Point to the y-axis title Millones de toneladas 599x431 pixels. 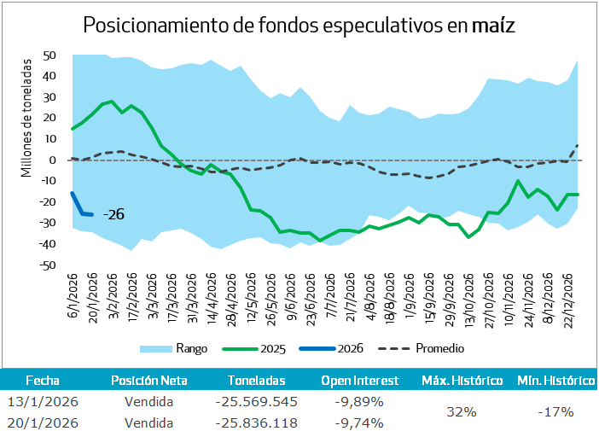pyautogui.click(x=26, y=117)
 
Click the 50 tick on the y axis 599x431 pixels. pyautogui.click(x=49, y=55)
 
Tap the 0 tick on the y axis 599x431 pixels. pyautogui.click(x=53, y=160)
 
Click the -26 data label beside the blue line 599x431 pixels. pyautogui.click(x=113, y=215)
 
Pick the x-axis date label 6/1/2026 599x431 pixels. pyautogui.click(x=73, y=292)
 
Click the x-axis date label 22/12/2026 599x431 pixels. pyautogui.click(x=569, y=296)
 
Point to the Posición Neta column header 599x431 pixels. pyautogui.click(x=148, y=381)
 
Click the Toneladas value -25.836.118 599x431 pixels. pyautogui.click(x=257, y=422)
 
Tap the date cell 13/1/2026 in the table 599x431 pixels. pyautogui.click(x=43, y=401)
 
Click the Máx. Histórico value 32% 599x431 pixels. pyautogui.click(x=460, y=411)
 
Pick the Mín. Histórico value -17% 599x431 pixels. pyautogui.click(x=555, y=411)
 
